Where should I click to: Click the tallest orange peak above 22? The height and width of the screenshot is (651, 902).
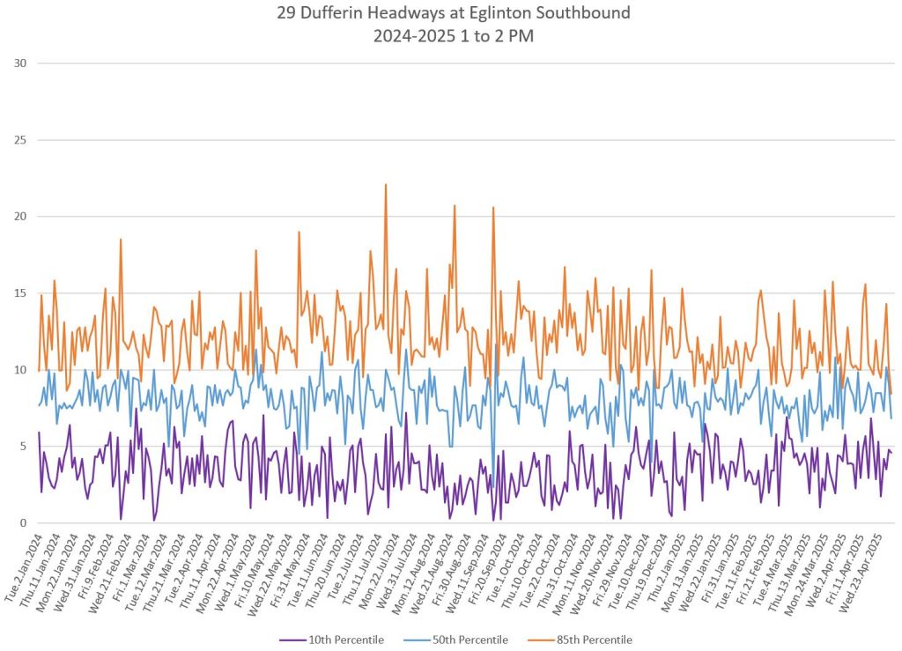coord(385,185)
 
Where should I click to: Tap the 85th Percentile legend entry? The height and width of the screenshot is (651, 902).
coord(589,640)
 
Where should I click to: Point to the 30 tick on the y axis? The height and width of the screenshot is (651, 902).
coord(20,63)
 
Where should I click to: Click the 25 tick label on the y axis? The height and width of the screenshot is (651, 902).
coord(20,140)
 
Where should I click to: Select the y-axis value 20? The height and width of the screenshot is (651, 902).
coord(20,217)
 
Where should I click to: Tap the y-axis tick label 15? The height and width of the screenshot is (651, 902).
coord(20,293)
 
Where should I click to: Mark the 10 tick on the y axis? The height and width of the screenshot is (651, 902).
coord(20,370)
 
